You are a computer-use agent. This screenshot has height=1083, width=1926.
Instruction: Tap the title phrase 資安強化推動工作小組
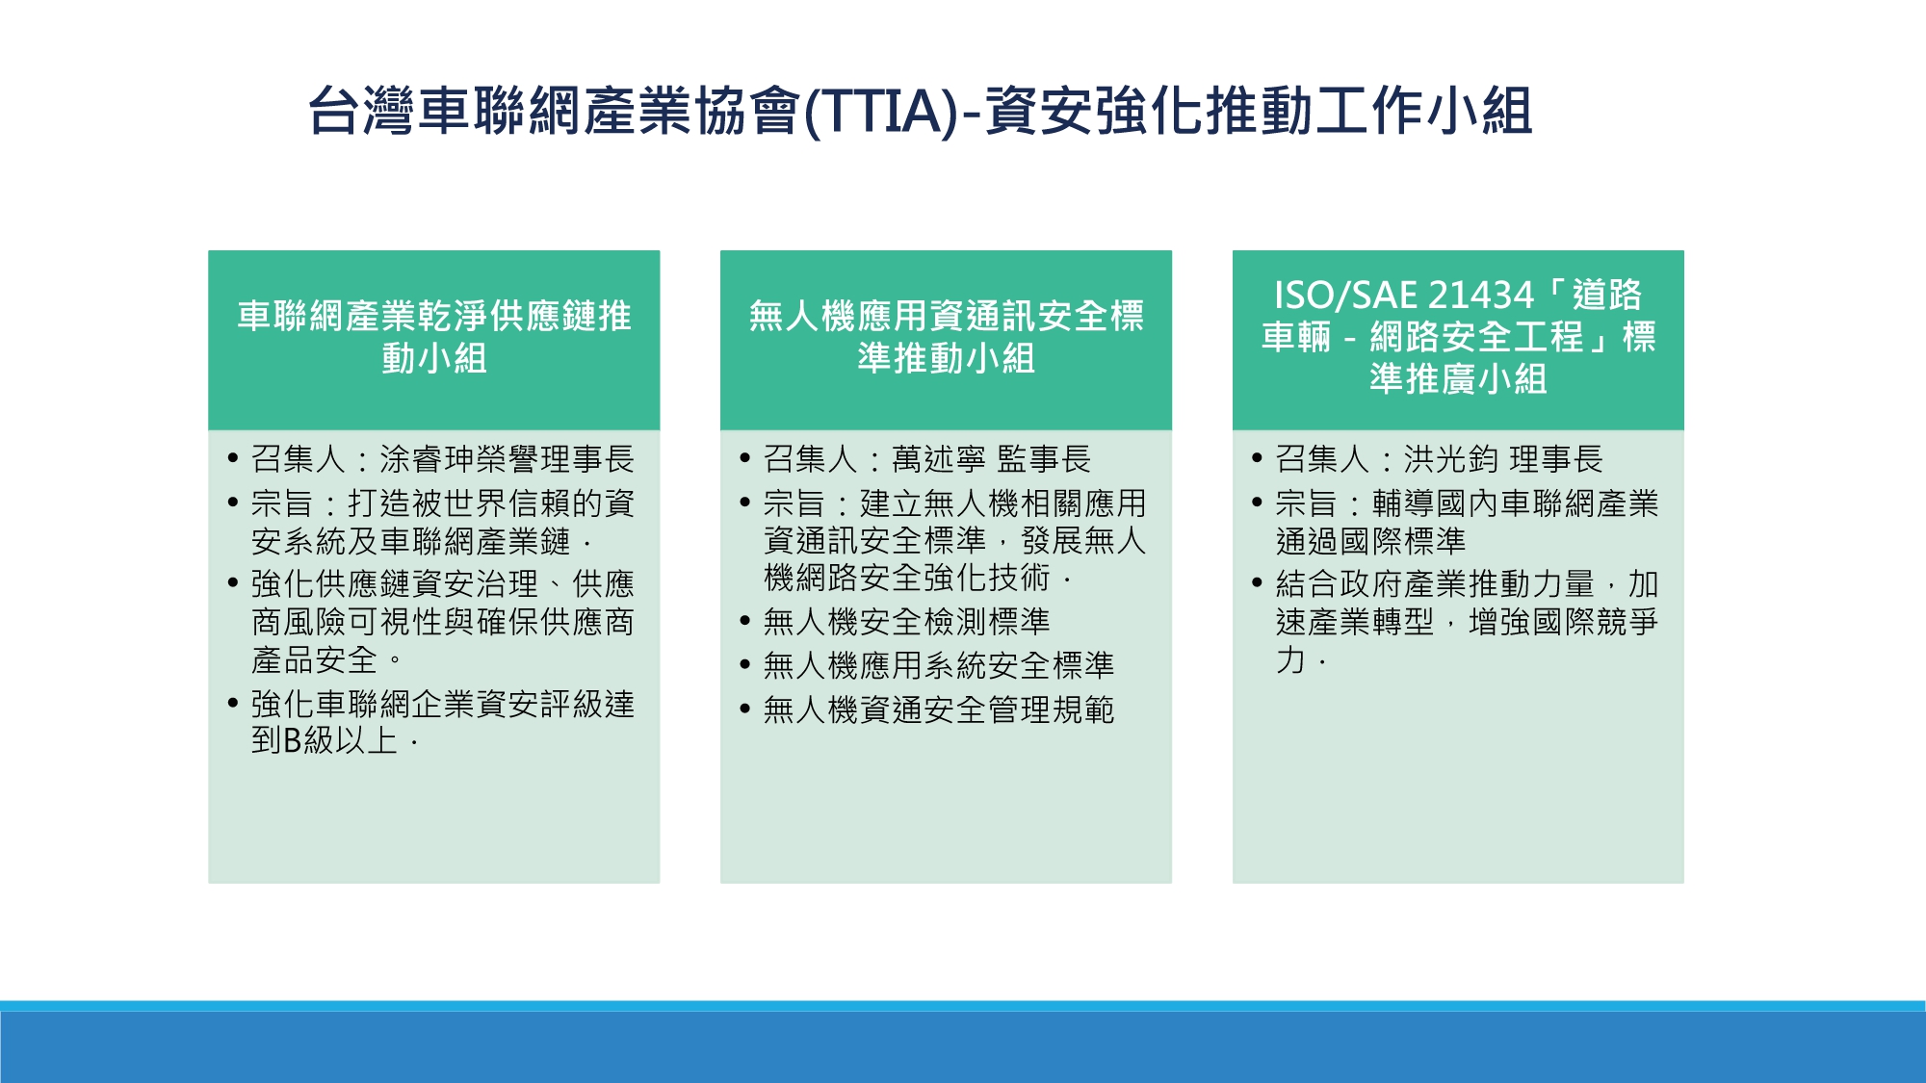point(1259,112)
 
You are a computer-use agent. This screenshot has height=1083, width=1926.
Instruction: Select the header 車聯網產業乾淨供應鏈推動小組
point(434,337)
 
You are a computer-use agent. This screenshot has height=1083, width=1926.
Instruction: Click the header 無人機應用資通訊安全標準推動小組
point(947,337)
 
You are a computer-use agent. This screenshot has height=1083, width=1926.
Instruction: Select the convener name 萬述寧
point(939,459)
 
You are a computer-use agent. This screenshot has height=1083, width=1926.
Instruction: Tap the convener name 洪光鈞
point(1451,459)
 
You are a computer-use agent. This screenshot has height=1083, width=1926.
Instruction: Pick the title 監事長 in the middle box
point(1044,459)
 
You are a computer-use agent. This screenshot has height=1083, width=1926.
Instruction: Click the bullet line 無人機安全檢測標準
point(906,622)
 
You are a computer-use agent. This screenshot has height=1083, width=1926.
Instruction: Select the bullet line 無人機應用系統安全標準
point(939,665)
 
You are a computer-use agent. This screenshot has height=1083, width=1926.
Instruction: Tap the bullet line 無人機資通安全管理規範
point(939,709)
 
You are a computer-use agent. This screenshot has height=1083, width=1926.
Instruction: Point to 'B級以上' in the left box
point(341,740)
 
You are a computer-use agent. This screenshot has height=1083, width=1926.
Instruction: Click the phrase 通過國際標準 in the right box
point(1371,541)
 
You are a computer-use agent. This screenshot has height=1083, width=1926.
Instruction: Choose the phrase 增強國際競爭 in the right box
point(1563,622)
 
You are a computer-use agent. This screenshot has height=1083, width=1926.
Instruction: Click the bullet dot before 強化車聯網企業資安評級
point(233,703)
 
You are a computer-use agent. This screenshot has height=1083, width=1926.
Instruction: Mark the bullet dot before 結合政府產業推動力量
point(1257,582)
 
